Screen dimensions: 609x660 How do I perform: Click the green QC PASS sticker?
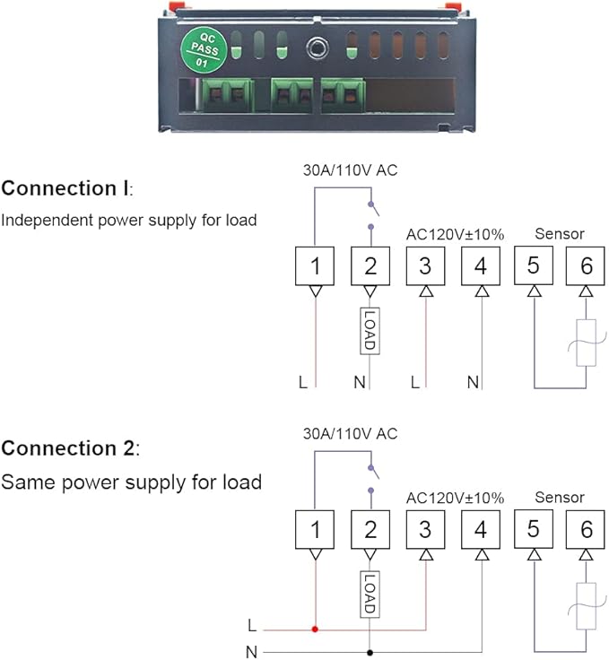pos(204,50)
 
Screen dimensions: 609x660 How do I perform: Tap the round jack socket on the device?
pos(317,48)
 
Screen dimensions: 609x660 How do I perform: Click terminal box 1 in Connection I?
pos(315,266)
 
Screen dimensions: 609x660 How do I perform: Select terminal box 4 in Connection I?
pos(481,266)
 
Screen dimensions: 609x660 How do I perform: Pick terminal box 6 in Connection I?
pos(586,265)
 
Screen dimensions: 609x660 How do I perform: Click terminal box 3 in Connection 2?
pos(425,529)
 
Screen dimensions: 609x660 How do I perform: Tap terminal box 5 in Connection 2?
pos(534,529)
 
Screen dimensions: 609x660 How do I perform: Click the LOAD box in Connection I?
pos(370,330)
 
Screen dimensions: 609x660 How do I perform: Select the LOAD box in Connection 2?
pos(370,594)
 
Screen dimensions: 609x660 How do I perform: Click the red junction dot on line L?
pos(315,630)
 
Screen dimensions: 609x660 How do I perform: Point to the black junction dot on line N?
pos(370,653)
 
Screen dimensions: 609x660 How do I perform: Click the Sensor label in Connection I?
pos(560,234)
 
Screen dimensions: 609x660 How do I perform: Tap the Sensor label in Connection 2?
pos(560,498)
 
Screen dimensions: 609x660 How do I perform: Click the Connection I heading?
pos(67,188)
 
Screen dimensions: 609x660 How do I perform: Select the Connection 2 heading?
pos(70,447)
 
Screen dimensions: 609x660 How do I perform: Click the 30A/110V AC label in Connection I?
pos(350,170)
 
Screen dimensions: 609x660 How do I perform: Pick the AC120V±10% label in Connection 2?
pos(455,498)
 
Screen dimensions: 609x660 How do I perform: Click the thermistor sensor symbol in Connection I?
pos(587,343)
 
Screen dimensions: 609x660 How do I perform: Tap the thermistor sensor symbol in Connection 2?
pos(587,606)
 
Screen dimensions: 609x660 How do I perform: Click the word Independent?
pos(48,221)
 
